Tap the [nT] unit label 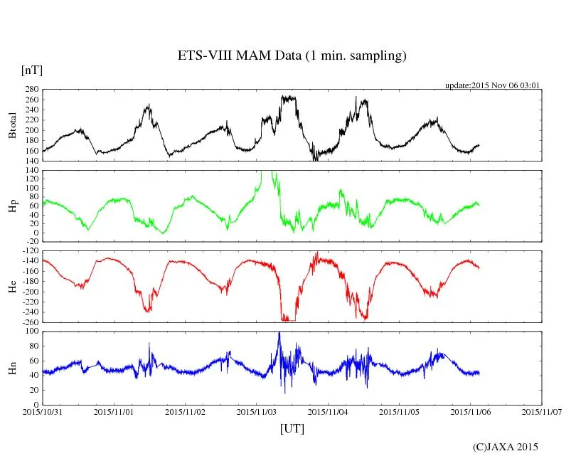tap(32, 71)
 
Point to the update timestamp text tap(493, 85)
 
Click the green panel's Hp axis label tap(13, 206)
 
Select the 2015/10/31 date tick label tap(42, 411)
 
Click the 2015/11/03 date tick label tap(257, 411)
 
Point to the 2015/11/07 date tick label tap(542, 411)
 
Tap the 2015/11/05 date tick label tap(400, 411)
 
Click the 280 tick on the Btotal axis tap(31, 90)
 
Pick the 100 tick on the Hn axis tap(31, 332)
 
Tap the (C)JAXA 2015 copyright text tap(506, 447)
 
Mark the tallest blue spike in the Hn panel tap(279, 333)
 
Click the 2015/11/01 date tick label tap(114, 411)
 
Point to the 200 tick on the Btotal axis tap(31, 131)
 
